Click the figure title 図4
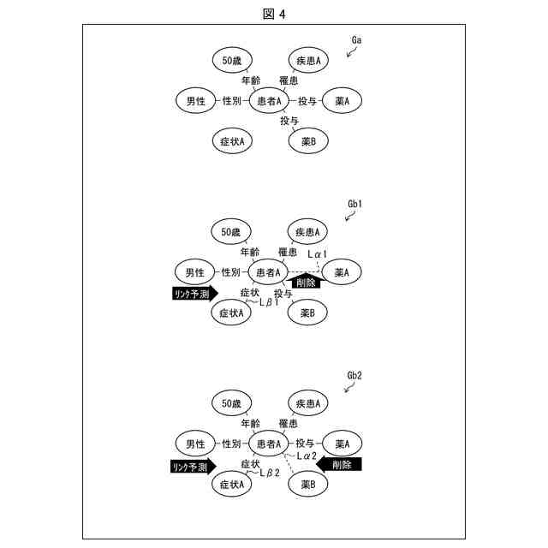pos(274,13)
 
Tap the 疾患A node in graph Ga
pos(308,60)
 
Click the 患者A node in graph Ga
pos(271,101)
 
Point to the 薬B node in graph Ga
pos(308,141)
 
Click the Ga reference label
pos(359,40)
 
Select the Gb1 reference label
pos(356,205)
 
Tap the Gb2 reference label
pos(356,376)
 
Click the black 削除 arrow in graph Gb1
pos(304,281)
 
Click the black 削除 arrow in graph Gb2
pos(339,464)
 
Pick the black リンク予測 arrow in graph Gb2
pos(189,467)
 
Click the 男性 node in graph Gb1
pos(195,272)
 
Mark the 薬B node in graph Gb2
pos(308,485)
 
